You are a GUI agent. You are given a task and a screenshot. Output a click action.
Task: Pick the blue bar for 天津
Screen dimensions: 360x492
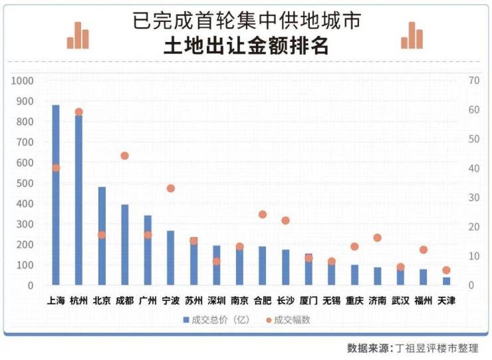click(x=446, y=281)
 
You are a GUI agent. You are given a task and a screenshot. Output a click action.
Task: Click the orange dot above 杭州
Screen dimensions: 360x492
click(x=78, y=112)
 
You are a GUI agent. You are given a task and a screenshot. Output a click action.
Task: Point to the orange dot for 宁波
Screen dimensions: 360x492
click(x=170, y=188)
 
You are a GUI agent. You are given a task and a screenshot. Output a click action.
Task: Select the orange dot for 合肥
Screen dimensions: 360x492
click(x=262, y=214)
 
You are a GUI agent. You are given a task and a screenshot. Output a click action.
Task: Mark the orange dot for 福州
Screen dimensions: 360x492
click(x=424, y=250)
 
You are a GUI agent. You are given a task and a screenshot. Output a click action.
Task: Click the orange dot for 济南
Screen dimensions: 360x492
click(x=377, y=238)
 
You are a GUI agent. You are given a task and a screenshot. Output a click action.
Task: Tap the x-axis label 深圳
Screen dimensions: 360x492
click(x=216, y=300)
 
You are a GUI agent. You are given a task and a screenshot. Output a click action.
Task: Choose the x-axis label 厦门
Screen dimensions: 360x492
click(x=308, y=300)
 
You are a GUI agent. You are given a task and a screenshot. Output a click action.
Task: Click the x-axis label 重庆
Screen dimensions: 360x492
click(x=354, y=300)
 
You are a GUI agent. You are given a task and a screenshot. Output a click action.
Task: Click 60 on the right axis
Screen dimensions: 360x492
click(x=473, y=110)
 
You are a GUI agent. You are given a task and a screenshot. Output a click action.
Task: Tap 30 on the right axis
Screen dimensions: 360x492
click(x=473, y=198)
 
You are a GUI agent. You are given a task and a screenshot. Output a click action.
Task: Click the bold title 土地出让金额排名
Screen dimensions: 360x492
click(x=246, y=47)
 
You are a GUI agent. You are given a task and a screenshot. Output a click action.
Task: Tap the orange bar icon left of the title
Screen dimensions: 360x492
click(x=77, y=36)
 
